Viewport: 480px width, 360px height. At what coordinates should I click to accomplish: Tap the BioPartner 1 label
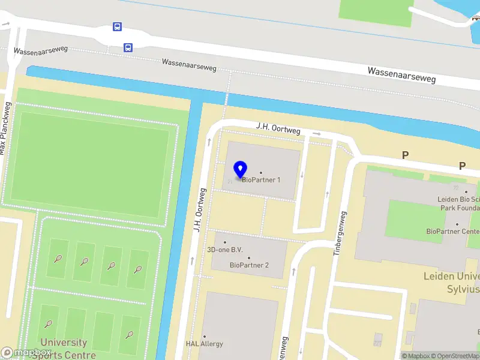pos(261,179)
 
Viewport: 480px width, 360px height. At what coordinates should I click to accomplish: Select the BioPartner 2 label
pos(249,265)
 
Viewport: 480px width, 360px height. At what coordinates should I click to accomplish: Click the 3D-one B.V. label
pos(225,250)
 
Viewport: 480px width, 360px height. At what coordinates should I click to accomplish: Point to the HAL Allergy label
pos(204,344)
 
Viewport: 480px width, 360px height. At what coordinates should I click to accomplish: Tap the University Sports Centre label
pos(64,349)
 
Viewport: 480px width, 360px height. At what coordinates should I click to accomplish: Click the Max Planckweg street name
pos(5,128)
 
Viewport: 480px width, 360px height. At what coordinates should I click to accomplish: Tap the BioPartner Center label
pos(453,231)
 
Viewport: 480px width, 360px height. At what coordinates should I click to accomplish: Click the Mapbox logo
pos(26,353)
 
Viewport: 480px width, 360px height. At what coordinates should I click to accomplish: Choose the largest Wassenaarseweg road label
pos(401,74)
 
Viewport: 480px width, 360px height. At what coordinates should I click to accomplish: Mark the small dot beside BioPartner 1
pos(260,172)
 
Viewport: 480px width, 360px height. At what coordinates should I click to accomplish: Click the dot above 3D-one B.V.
pos(225,242)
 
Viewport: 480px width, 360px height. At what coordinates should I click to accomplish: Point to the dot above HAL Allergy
pos(204,336)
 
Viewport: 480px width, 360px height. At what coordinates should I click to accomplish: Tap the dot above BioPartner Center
pos(457,224)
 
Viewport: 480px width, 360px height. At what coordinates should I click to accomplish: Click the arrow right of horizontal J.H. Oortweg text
pos(317,133)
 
